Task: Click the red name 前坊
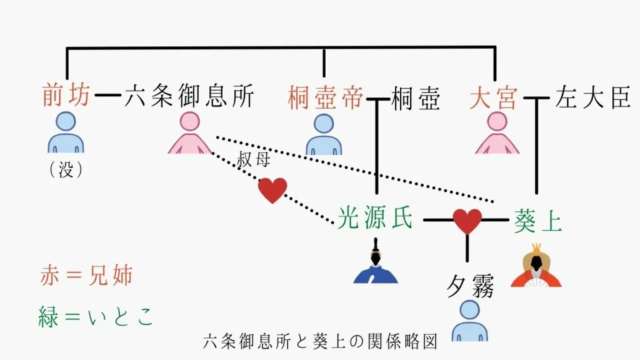click(66, 97)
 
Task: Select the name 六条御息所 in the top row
click(189, 97)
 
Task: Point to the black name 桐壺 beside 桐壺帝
click(415, 99)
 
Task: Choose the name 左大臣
click(592, 98)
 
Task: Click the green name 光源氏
click(375, 219)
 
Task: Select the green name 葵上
click(537, 220)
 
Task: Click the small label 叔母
click(253, 161)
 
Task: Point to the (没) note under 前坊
click(66, 170)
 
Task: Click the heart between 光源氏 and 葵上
click(467, 221)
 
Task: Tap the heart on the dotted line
click(272, 190)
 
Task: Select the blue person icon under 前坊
click(66, 133)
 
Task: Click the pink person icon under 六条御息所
click(189, 133)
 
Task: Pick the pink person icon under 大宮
click(497, 133)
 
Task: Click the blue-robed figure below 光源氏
click(375, 266)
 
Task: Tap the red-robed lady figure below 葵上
click(536, 266)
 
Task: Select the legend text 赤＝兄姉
click(86, 276)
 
